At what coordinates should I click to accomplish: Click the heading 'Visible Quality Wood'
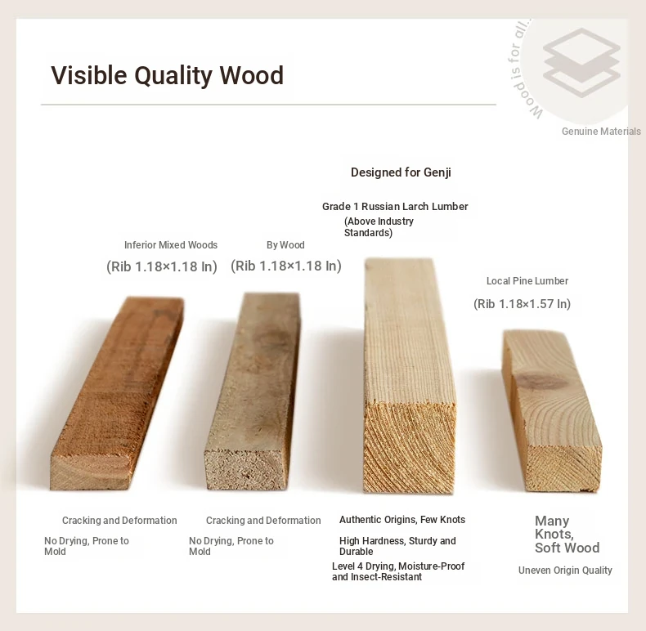[x=168, y=75]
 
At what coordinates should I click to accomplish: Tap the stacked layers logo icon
[x=581, y=63]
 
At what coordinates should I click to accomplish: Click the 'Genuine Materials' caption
[x=601, y=132]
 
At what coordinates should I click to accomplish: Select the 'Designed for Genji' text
[x=401, y=172]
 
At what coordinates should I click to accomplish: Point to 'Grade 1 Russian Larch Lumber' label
[x=395, y=206]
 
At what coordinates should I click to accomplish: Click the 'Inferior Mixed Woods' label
[x=171, y=245]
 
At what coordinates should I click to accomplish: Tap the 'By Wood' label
[x=285, y=245]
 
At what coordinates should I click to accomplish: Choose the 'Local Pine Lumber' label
[x=527, y=281]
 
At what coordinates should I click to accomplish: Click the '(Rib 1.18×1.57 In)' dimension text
[x=522, y=304]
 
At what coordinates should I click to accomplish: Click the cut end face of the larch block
[x=409, y=448]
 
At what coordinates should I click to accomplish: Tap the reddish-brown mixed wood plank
[x=118, y=392]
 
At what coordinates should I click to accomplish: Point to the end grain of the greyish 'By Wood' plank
[x=246, y=468]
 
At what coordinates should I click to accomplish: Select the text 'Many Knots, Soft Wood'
[x=567, y=535]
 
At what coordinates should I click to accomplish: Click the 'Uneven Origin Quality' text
[x=565, y=570]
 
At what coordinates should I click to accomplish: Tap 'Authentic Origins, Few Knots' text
[x=402, y=520]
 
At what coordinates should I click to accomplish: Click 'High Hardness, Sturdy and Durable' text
[x=397, y=546]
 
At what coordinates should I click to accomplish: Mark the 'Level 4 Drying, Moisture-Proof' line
[x=398, y=566]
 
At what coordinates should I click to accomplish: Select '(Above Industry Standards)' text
[x=379, y=227]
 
